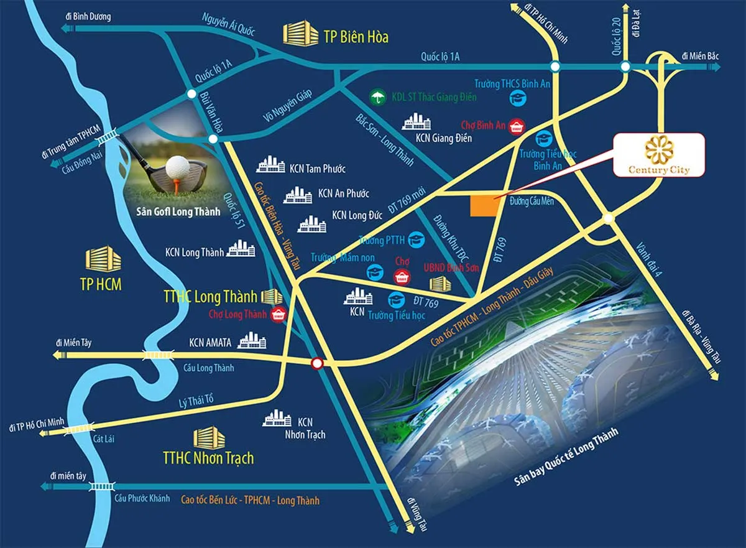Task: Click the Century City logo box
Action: pyautogui.click(x=658, y=154)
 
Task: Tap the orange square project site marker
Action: pyautogui.click(x=483, y=206)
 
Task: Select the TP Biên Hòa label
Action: pyautogui.click(x=356, y=37)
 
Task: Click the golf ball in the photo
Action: pyautogui.click(x=177, y=167)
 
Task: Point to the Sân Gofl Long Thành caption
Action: pyautogui.click(x=178, y=211)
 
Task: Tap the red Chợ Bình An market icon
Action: pyautogui.click(x=515, y=128)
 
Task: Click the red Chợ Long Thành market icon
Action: pyautogui.click(x=278, y=315)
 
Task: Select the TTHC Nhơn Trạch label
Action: pyautogui.click(x=208, y=458)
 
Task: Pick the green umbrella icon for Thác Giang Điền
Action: pyautogui.click(x=376, y=97)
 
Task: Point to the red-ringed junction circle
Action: pyautogui.click(x=318, y=363)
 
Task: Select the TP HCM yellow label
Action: pyautogui.click(x=101, y=284)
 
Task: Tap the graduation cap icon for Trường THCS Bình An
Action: pyautogui.click(x=517, y=97)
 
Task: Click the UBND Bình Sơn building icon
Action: pyautogui.click(x=441, y=284)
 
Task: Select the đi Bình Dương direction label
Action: pyautogui.click(x=87, y=17)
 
